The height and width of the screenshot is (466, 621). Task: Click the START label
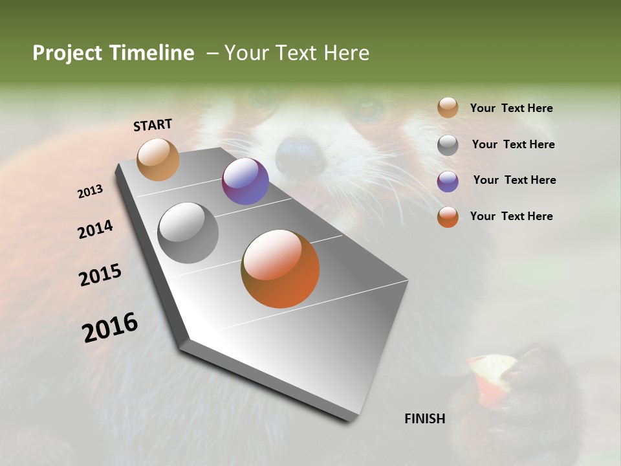click(153, 125)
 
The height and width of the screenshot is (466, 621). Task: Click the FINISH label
click(424, 419)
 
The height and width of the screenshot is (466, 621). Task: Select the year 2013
click(91, 191)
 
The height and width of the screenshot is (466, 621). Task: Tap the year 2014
click(95, 229)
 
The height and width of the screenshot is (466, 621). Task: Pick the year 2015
click(100, 275)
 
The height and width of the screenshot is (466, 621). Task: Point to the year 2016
click(110, 327)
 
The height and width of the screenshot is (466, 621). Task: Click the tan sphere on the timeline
click(158, 159)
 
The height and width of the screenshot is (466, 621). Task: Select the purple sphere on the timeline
click(245, 181)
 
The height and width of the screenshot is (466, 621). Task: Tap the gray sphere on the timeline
click(188, 233)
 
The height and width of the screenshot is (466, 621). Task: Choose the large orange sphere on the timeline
click(280, 269)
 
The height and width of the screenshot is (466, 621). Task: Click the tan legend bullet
click(448, 108)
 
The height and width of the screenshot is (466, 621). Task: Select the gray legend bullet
click(448, 145)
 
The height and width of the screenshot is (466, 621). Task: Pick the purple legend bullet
click(448, 181)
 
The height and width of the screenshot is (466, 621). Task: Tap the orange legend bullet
click(448, 217)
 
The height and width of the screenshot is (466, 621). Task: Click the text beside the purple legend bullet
click(514, 180)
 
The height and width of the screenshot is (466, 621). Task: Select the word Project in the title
click(67, 53)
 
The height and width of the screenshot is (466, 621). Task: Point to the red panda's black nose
click(300, 154)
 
